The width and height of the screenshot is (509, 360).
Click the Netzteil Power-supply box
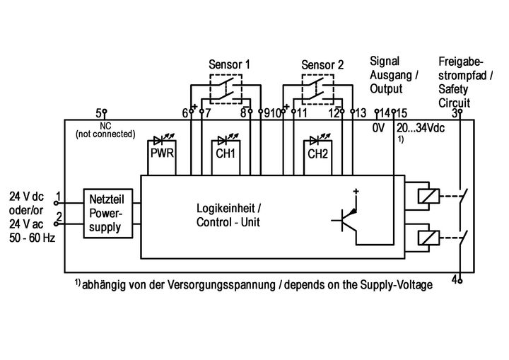pyautogui.click(x=105, y=211)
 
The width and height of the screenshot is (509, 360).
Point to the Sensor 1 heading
pyautogui.click(x=229, y=64)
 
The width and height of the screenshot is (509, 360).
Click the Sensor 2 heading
pyautogui.click(x=322, y=65)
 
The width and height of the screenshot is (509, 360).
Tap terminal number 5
pyautogui.click(x=100, y=112)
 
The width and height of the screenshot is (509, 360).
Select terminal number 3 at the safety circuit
pyautogui.click(x=456, y=112)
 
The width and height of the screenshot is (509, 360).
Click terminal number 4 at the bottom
pyautogui.click(x=456, y=279)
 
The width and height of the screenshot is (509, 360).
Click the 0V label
pyautogui.click(x=379, y=129)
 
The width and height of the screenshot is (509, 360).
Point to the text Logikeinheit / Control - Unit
pyautogui.click(x=228, y=216)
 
